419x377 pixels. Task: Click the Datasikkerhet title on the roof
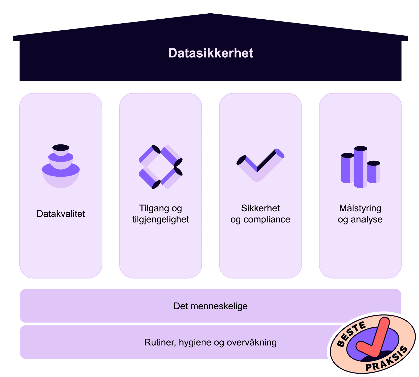pos(211,53)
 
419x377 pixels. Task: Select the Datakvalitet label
pos(61,214)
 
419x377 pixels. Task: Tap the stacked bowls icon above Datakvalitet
pos(61,167)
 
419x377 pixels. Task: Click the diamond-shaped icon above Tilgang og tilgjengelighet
pos(161,167)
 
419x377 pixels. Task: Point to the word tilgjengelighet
pos(161,219)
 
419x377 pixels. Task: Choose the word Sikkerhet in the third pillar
pos(260,208)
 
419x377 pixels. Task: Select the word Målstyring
pos(360,208)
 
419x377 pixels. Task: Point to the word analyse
pos(367,219)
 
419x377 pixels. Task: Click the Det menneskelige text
pos(211,306)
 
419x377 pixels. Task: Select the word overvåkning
pos(251,342)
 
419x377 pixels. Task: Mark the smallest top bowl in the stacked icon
pos(61,149)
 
